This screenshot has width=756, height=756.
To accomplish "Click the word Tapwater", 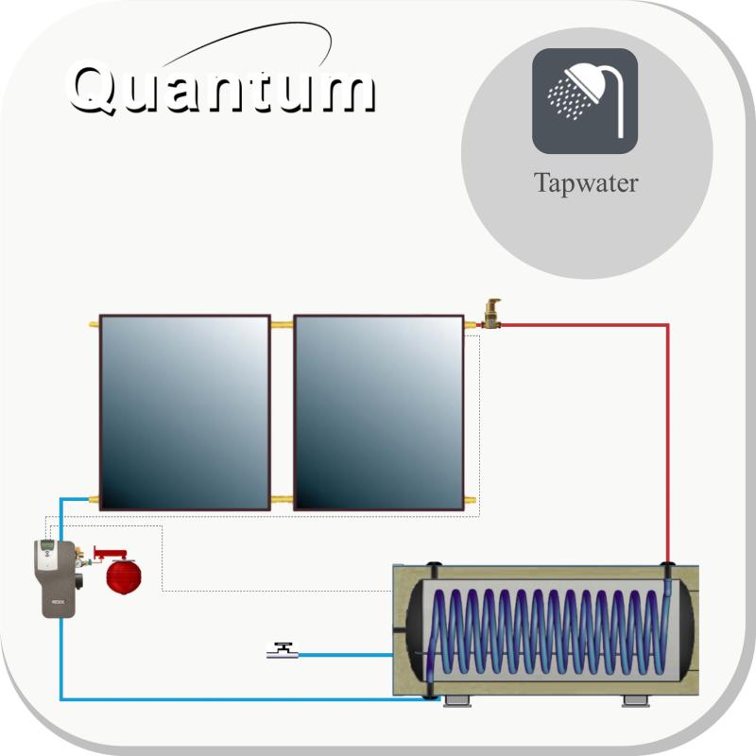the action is pos(586,183).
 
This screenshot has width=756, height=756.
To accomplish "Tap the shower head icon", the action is pos(585,101).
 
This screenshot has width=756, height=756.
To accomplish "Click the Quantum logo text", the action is pos(222,88).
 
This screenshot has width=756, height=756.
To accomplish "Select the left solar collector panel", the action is pos(184,413).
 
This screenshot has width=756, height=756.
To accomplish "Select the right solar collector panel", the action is pos(379,413).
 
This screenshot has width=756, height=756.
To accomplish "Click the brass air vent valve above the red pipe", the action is pos(491,314).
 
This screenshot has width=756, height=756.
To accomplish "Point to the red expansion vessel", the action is pos(124,576).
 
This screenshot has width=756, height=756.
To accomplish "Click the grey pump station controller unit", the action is pos(55,579).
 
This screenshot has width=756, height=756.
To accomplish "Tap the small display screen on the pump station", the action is pos(47,545).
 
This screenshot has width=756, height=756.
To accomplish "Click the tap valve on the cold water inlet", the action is pos(283,650).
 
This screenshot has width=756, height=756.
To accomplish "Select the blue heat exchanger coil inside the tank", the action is pos(549,630).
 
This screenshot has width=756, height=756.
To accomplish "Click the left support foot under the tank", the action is pos(456,701).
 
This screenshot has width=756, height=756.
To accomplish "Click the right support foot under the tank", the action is pos(635,701).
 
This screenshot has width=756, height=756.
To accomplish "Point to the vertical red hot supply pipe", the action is pos(668,443).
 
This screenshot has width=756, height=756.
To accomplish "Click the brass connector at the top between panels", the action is pos(282,325).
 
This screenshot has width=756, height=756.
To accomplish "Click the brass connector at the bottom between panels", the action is pos(282,500).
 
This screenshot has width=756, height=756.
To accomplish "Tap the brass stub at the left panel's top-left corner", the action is pos(94,324).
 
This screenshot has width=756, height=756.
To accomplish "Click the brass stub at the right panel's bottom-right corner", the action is pos(470,500).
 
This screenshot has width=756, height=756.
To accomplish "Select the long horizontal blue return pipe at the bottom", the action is pos(249,698).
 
